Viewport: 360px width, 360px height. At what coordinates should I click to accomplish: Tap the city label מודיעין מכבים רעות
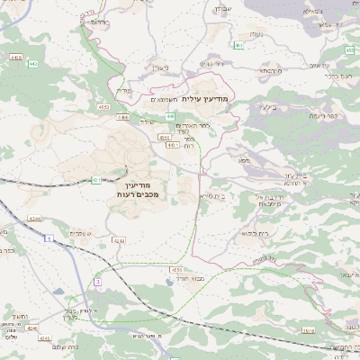(137, 188)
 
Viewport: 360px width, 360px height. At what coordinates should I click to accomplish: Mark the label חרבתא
(269, 70)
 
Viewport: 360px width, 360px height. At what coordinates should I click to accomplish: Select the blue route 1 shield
(47, 238)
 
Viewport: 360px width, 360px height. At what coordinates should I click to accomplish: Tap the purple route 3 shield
(96, 283)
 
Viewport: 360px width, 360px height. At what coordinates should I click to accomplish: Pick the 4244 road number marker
(34, 218)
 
